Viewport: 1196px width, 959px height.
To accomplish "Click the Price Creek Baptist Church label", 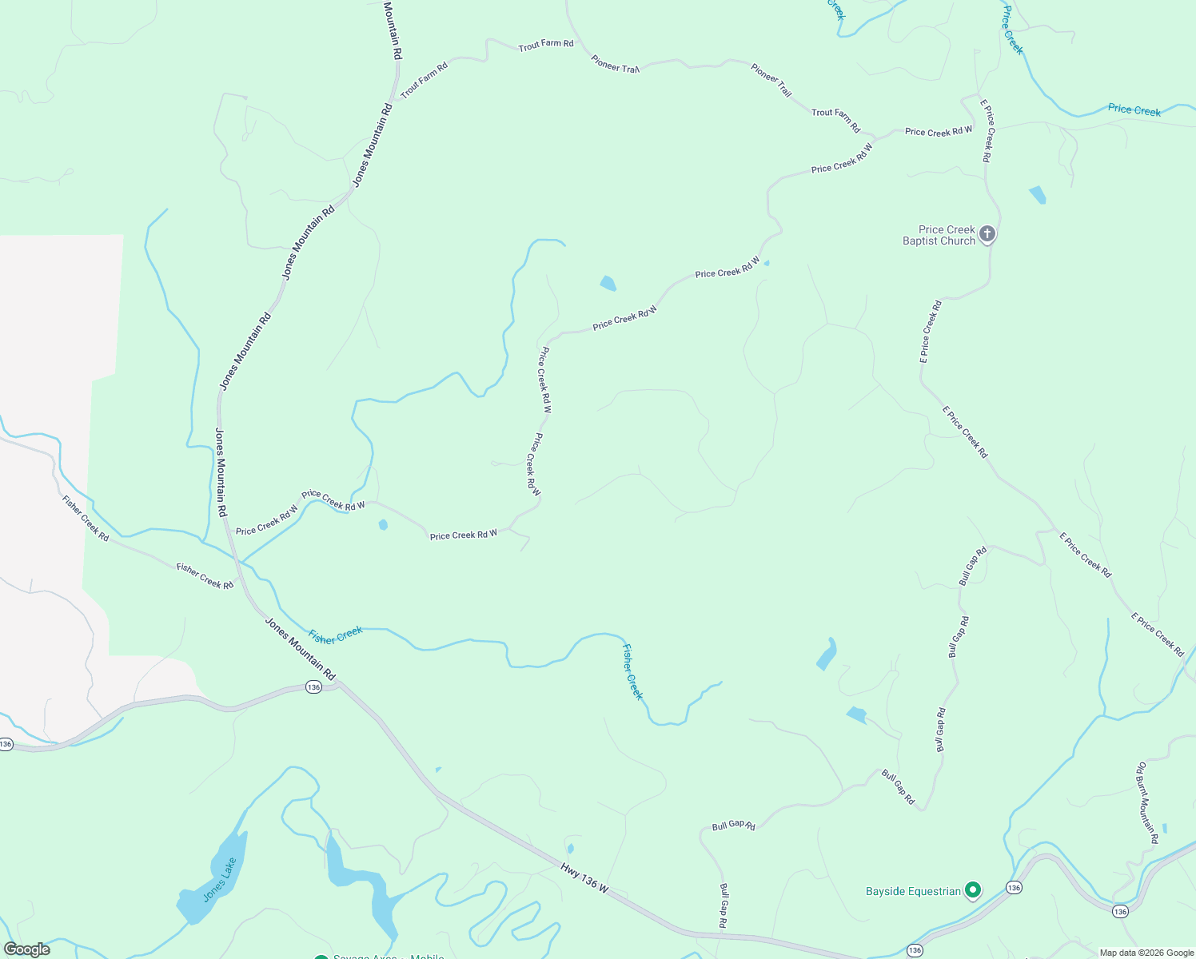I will tap(939, 235).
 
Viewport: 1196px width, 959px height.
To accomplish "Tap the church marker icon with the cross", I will tap(987, 234).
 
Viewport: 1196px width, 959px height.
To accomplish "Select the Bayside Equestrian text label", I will tap(913, 891).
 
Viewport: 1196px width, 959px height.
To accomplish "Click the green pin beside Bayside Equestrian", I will tap(973, 889).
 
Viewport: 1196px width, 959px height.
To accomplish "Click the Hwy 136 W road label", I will tap(584, 877).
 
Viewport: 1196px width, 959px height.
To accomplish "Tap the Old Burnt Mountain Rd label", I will tap(1148, 802).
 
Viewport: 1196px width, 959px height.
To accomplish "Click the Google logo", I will tap(27, 949).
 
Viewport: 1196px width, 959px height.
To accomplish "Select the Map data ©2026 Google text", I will tap(1146, 953).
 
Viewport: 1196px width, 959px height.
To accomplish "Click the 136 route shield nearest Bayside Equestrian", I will tap(1014, 887).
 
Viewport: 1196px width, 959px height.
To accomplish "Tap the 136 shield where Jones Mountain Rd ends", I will tap(313, 687).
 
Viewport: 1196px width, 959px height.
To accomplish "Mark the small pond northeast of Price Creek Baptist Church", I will tap(1037, 194).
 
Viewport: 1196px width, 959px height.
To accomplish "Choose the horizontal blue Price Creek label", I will tap(1134, 109).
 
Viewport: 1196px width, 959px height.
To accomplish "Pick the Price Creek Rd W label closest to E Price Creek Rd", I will tap(939, 131).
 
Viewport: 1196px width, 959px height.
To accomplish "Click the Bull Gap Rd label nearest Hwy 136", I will tap(723, 905).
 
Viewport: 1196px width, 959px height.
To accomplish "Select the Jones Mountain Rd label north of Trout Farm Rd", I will tap(392, 30).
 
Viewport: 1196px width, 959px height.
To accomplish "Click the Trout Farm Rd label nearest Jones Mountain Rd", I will tap(424, 80).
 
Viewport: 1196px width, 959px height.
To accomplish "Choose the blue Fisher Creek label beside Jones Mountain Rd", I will tap(336, 635).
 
